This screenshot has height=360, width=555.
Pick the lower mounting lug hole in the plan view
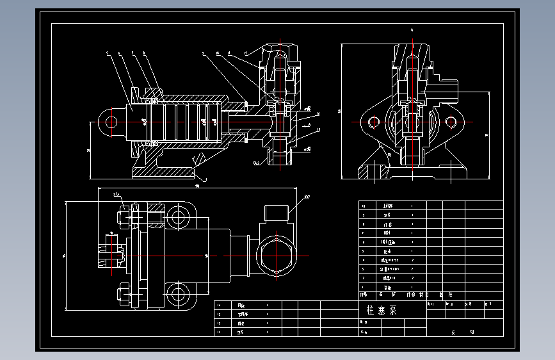pos(176,295)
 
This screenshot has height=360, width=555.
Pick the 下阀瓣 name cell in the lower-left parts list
pos(242,315)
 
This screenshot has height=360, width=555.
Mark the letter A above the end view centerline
pos(412,30)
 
